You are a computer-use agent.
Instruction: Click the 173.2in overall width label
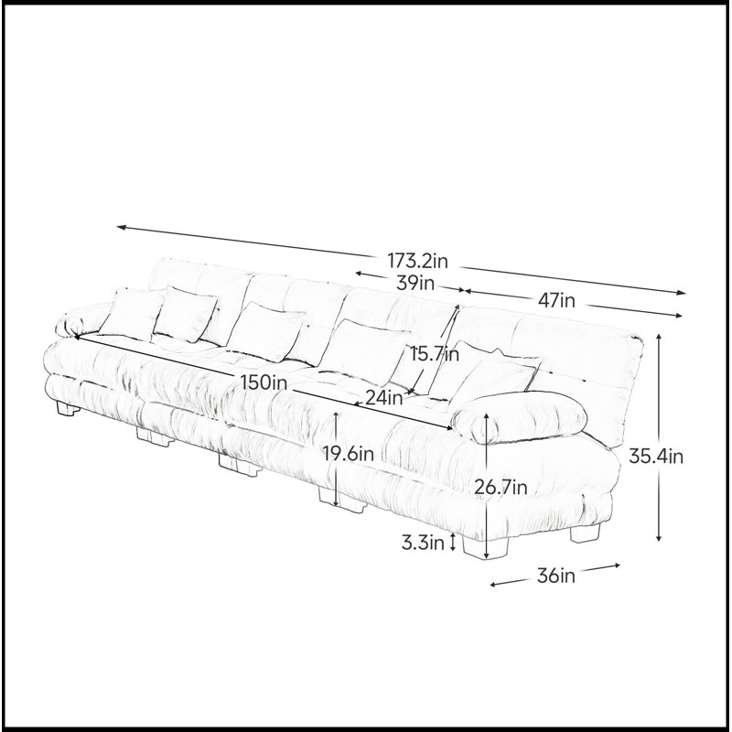(x=417, y=261)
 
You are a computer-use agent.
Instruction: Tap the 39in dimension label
(x=415, y=283)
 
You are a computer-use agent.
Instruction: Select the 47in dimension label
(x=556, y=300)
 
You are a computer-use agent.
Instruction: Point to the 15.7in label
(x=435, y=354)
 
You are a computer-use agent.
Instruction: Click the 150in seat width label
(x=264, y=382)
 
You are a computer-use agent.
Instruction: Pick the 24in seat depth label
(x=383, y=398)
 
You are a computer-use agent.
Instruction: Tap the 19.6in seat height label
(x=349, y=453)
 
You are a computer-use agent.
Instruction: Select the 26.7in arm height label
(x=501, y=488)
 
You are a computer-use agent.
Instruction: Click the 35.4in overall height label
(x=656, y=456)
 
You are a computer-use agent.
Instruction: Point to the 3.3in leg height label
(x=423, y=543)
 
